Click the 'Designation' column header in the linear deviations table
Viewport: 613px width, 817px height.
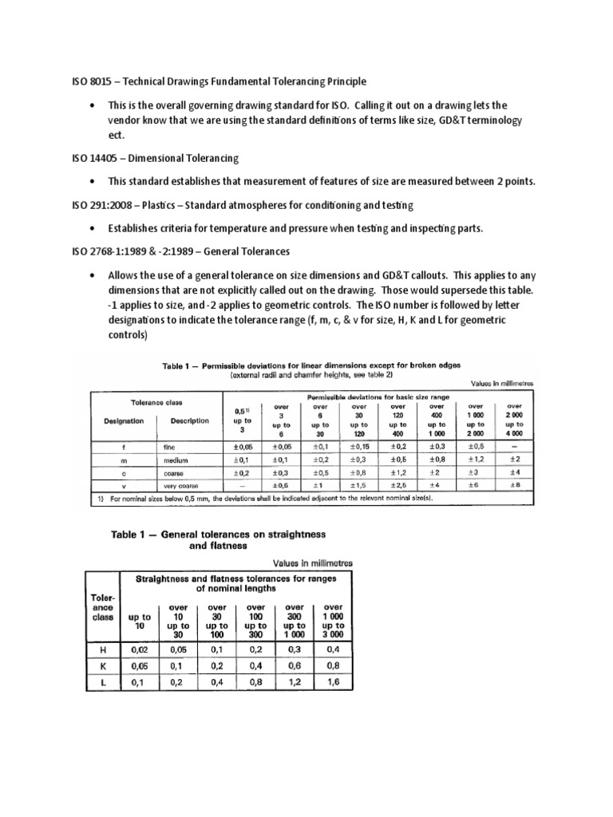[x=123, y=420]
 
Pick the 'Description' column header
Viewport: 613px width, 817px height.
[x=189, y=420]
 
